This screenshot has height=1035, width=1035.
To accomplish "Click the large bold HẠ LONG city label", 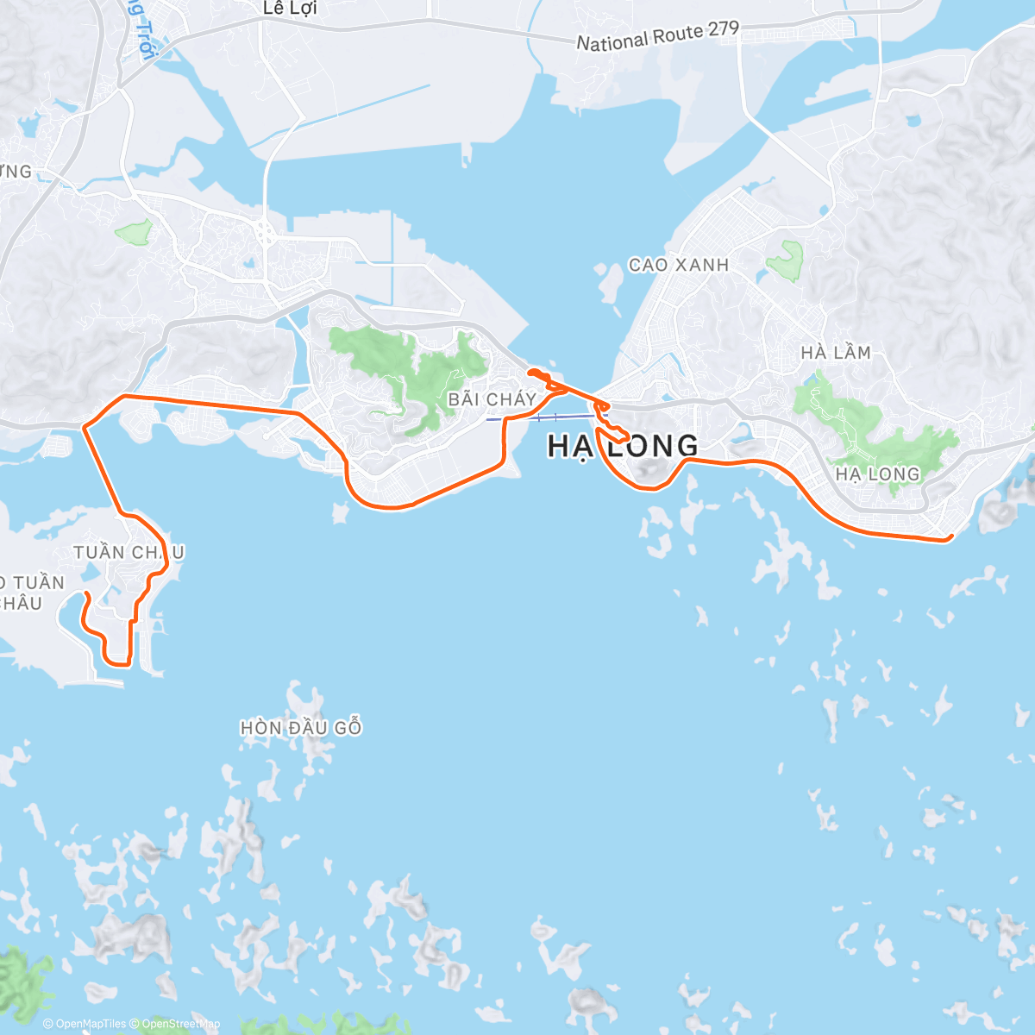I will click(623, 446).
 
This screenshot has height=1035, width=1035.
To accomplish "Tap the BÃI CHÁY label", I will click(492, 399).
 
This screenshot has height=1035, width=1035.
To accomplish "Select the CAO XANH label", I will click(679, 265).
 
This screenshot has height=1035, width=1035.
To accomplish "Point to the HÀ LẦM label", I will click(835, 352).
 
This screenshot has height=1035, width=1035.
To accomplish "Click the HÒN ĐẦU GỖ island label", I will click(301, 728).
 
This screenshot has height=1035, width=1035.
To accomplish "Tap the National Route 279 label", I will click(657, 36).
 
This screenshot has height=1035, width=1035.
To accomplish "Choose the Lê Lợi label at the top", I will click(291, 9).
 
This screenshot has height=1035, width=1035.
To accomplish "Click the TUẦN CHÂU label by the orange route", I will click(128, 552).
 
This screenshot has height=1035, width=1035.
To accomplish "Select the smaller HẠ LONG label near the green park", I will click(877, 474).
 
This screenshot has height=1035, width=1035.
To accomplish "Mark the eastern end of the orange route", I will click(950, 537).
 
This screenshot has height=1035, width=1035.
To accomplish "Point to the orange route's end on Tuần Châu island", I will click(86, 594).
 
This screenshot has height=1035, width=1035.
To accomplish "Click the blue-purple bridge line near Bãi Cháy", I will click(543, 417).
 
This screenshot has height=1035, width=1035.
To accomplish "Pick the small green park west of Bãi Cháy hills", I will click(134, 230).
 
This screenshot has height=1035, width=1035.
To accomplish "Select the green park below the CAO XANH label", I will click(786, 261).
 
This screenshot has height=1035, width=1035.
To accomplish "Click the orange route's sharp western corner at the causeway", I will click(84, 426).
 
